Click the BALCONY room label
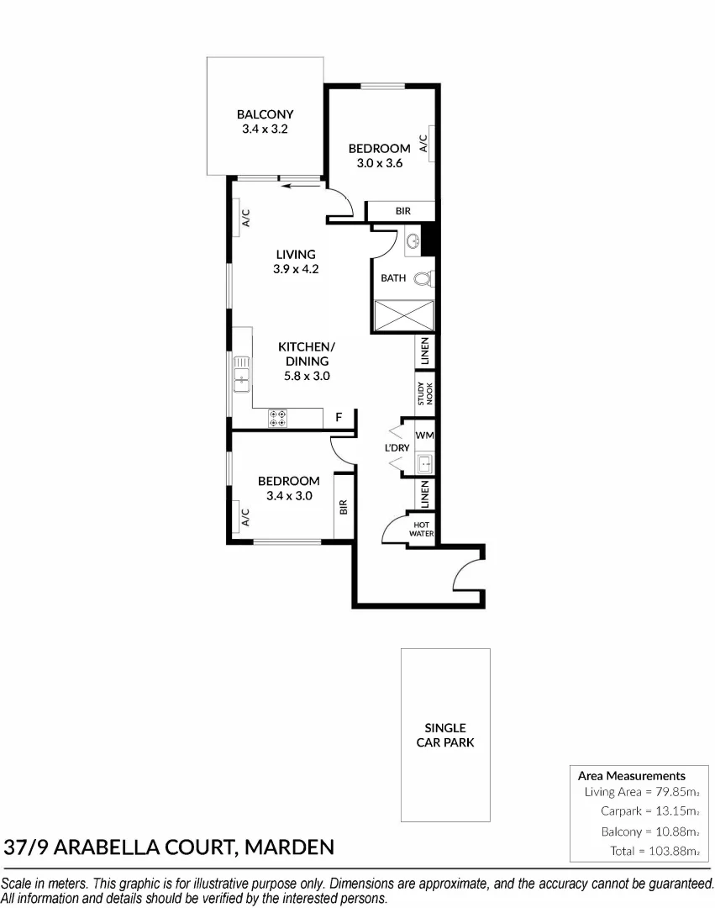coord(265,114)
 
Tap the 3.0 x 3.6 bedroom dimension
coord(380,164)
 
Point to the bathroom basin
coord(413,244)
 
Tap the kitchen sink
coord(241,371)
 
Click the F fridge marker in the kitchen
coord(339,417)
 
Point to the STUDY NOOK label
coord(425,394)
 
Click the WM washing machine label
coord(424,436)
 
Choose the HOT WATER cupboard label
coord(421,529)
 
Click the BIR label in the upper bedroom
coord(402,211)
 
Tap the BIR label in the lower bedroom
coord(344,507)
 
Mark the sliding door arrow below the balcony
coord(295,187)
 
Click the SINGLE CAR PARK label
coord(445,735)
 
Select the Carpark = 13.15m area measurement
coord(649,811)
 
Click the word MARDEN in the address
coord(288,846)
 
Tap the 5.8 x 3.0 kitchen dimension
coord(306,376)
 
